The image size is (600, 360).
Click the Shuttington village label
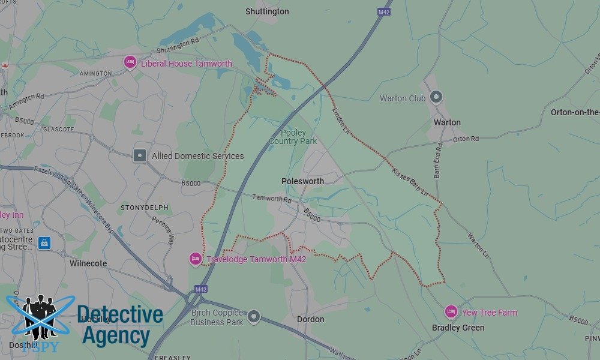[x=267, y=11]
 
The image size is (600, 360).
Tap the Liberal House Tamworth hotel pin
[x=130, y=63]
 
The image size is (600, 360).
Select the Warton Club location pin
[x=436, y=97]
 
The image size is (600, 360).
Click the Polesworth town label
[x=302, y=181]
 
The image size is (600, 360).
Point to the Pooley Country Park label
[x=293, y=137]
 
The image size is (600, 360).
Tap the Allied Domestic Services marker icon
[x=140, y=155]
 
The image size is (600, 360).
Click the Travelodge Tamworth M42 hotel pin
[x=196, y=259]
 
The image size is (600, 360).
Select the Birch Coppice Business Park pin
[x=254, y=316]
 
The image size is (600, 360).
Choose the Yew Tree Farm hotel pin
[x=451, y=311]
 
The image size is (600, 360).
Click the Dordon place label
[x=310, y=320]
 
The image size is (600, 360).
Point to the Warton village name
[x=447, y=122]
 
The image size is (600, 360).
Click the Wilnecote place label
[x=88, y=263]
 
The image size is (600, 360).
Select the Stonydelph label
[x=145, y=208]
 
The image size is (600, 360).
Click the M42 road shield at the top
[x=384, y=11]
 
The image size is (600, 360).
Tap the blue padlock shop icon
[x=44, y=243]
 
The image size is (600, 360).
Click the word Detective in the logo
[x=120, y=315]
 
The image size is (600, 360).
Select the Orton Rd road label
[x=466, y=139]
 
